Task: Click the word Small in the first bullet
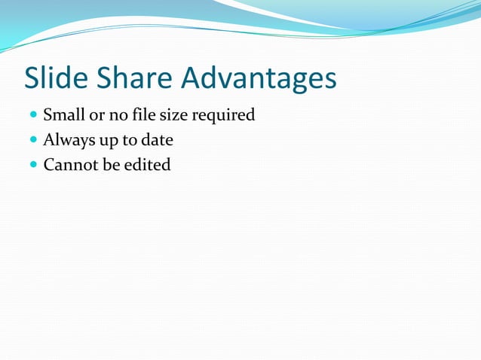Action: coord(63,115)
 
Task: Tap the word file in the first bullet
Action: coord(142,115)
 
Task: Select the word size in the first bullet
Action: coord(173,115)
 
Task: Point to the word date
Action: coord(157,140)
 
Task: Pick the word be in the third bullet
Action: coord(112,164)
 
